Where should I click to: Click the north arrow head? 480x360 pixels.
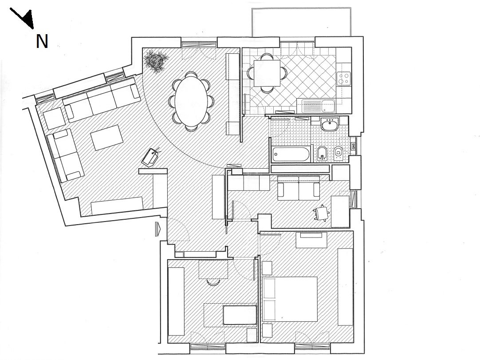click(28, 21)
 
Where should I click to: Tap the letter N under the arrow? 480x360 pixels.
click(42, 41)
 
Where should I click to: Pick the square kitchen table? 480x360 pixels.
click(267, 73)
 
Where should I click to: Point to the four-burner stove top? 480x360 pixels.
click(343, 78)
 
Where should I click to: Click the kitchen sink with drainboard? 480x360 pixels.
click(319, 106)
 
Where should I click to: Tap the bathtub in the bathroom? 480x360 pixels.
click(291, 154)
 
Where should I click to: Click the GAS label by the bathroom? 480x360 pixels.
click(353, 146)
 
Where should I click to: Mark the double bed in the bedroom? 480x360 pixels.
click(290, 299)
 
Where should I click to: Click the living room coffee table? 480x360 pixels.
click(107, 138)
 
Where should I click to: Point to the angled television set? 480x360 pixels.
click(151, 157)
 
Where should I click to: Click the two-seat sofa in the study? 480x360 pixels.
click(299, 187)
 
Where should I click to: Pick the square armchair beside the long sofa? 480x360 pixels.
click(54, 118)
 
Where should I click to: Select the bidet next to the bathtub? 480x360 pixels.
click(322, 154)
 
